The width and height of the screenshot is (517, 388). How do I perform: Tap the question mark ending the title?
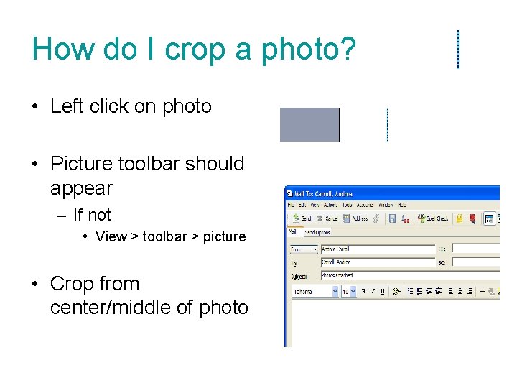tap(348, 49)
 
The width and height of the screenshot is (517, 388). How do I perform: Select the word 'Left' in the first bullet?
tap(67, 106)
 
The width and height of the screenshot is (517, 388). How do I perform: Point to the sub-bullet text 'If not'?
tap(92, 215)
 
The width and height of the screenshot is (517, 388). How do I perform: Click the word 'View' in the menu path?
tap(111, 236)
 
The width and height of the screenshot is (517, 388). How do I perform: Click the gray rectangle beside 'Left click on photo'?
tap(309, 124)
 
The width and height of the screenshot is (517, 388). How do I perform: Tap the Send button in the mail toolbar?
tap(302, 218)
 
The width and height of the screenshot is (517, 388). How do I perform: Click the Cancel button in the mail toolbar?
tap(327, 218)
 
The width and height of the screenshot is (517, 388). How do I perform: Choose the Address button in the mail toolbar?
tap(355, 218)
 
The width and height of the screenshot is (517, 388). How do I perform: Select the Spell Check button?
tap(432, 218)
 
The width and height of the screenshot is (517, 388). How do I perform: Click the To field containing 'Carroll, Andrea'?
tap(377, 262)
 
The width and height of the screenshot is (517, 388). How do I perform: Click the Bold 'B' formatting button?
tap(364, 292)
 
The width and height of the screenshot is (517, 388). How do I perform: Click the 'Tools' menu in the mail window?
tap(347, 205)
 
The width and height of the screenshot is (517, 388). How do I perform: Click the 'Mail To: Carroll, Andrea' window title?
tap(325, 193)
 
